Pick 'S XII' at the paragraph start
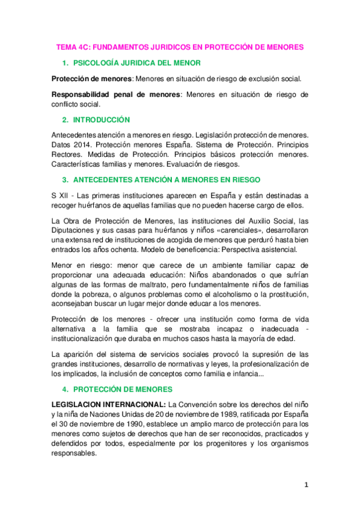tap(61, 195)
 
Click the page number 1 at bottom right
tap(306, 487)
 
